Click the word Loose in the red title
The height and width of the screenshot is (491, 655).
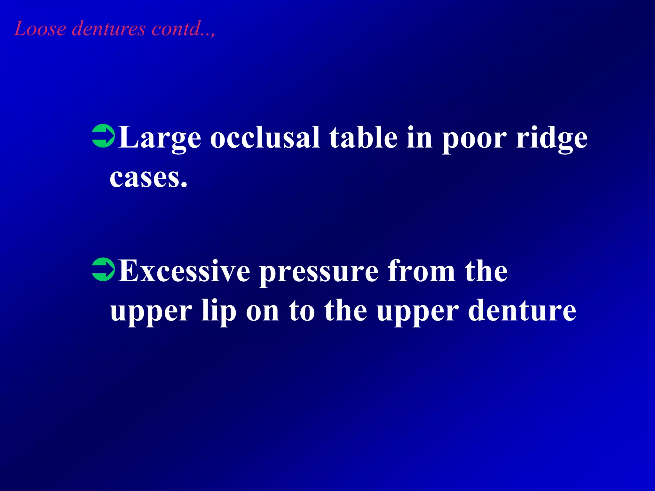(x=40, y=29)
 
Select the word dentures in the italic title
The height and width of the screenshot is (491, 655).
(x=109, y=29)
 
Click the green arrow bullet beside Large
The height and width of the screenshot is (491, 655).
(x=103, y=137)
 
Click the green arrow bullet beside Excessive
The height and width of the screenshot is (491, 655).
(x=103, y=270)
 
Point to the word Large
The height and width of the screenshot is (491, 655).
(x=160, y=138)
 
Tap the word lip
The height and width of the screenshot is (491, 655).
(x=219, y=311)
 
